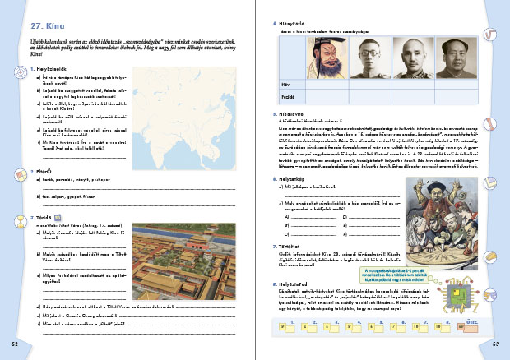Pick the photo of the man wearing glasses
point(365,57)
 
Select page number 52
point(14,341)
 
